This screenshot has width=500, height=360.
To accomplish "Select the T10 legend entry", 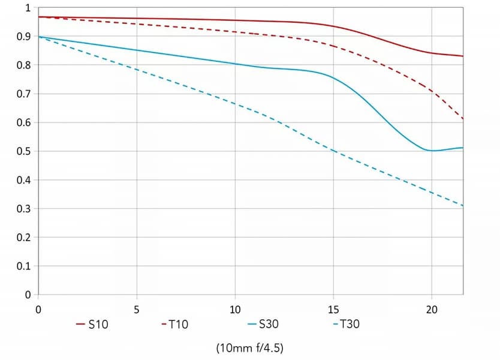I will [x=175, y=325].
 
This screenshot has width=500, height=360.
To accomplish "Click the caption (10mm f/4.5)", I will [x=249, y=347].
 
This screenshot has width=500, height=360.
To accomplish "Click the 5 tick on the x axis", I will [x=137, y=310].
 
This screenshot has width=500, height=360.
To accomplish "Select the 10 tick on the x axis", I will [x=235, y=310].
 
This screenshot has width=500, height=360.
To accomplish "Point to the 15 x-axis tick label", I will [x=333, y=310].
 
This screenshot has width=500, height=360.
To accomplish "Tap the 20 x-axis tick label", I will [x=432, y=310].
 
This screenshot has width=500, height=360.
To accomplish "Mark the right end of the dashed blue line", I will [x=463, y=206].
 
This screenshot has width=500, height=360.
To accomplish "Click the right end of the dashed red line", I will [x=463, y=119].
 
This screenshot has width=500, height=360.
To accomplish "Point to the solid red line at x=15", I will [x=333, y=26].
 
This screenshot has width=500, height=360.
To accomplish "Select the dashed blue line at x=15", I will [x=333, y=150].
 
